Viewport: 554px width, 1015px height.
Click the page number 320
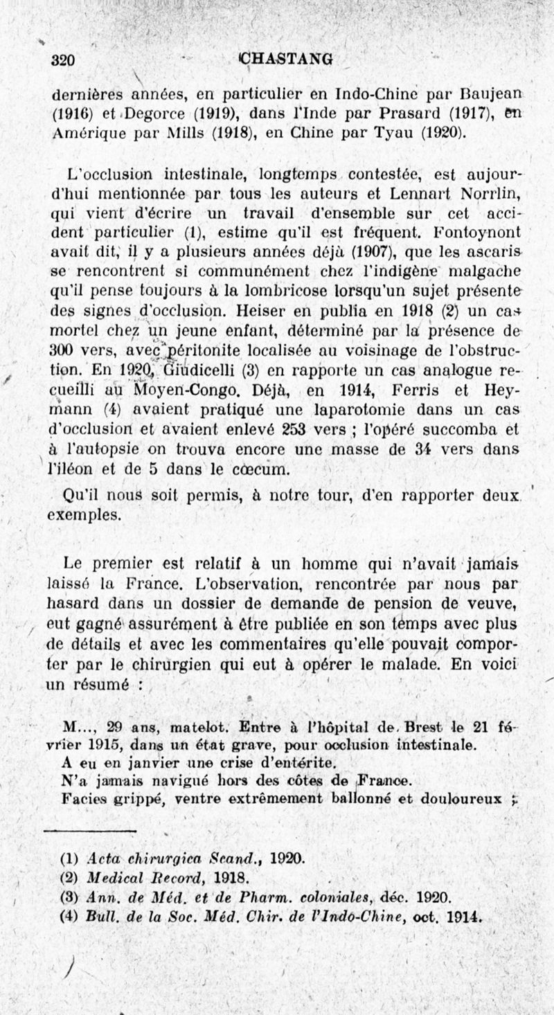coord(64,60)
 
